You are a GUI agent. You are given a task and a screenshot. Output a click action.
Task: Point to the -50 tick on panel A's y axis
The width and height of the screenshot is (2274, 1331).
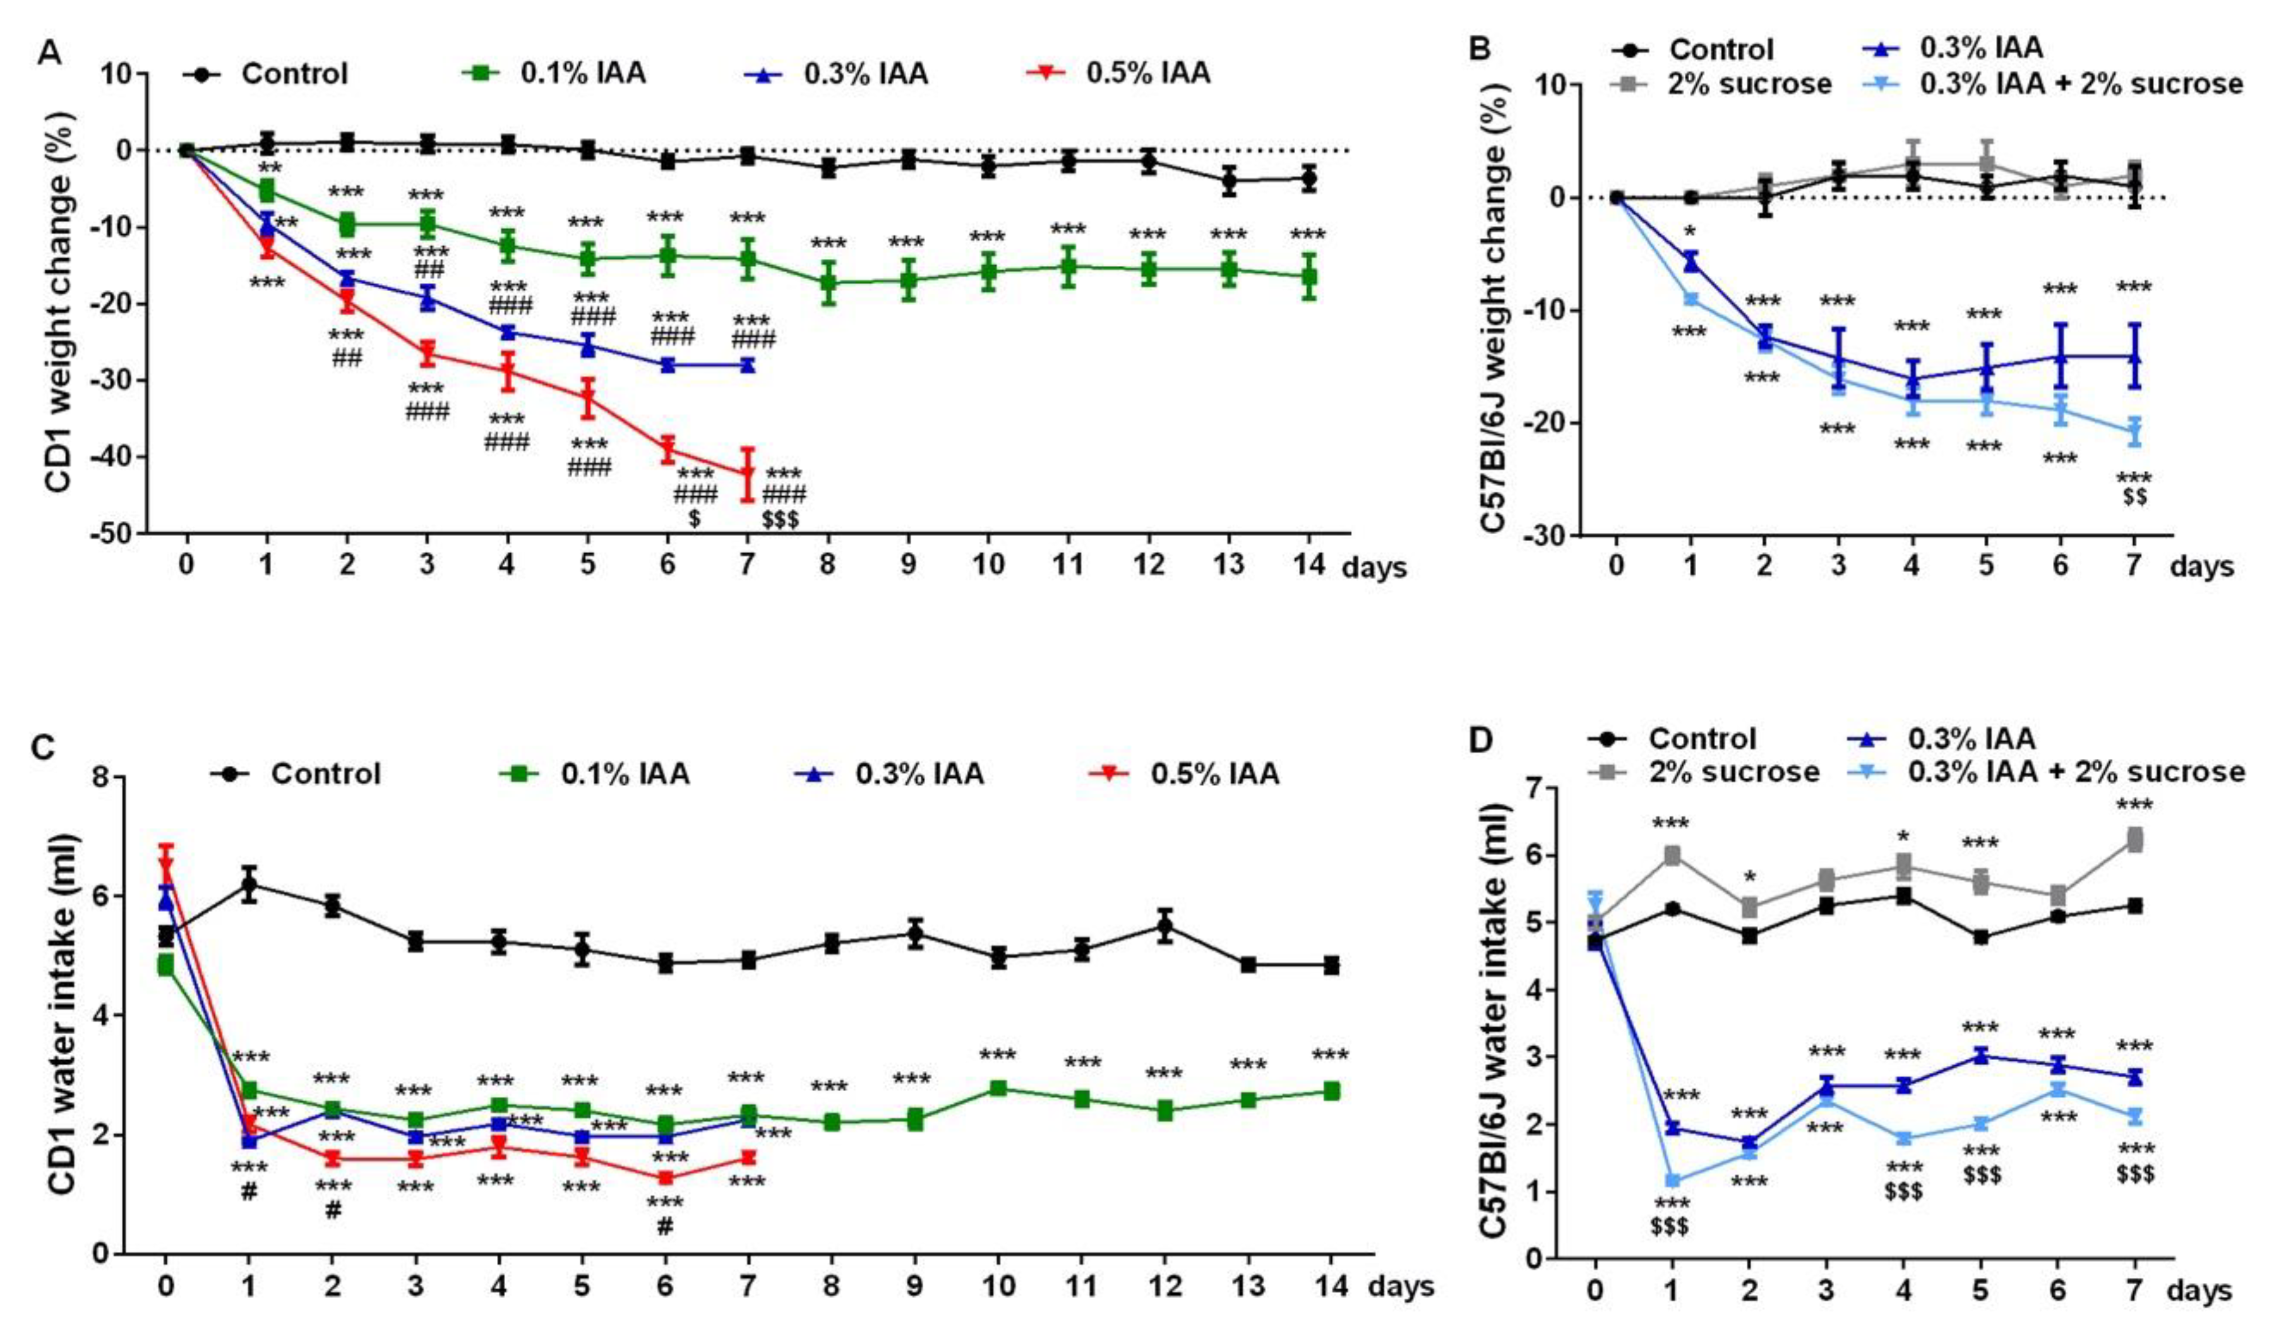(114, 534)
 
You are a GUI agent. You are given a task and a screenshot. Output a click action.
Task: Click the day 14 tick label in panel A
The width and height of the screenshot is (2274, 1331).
(1308, 565)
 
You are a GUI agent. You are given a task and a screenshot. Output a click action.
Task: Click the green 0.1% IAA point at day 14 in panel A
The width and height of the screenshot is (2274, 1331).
(1308, 276)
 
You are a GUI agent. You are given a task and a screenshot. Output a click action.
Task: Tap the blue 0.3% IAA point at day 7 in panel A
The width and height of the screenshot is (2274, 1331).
(747, 364)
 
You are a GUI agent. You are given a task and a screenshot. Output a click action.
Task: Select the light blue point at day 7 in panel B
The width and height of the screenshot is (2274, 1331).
(2134, 431)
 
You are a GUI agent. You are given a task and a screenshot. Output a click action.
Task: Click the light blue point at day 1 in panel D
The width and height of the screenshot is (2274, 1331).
(1672, 1179)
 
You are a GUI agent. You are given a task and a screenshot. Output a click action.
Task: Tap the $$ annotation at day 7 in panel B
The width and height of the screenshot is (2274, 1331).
(2134, 496)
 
